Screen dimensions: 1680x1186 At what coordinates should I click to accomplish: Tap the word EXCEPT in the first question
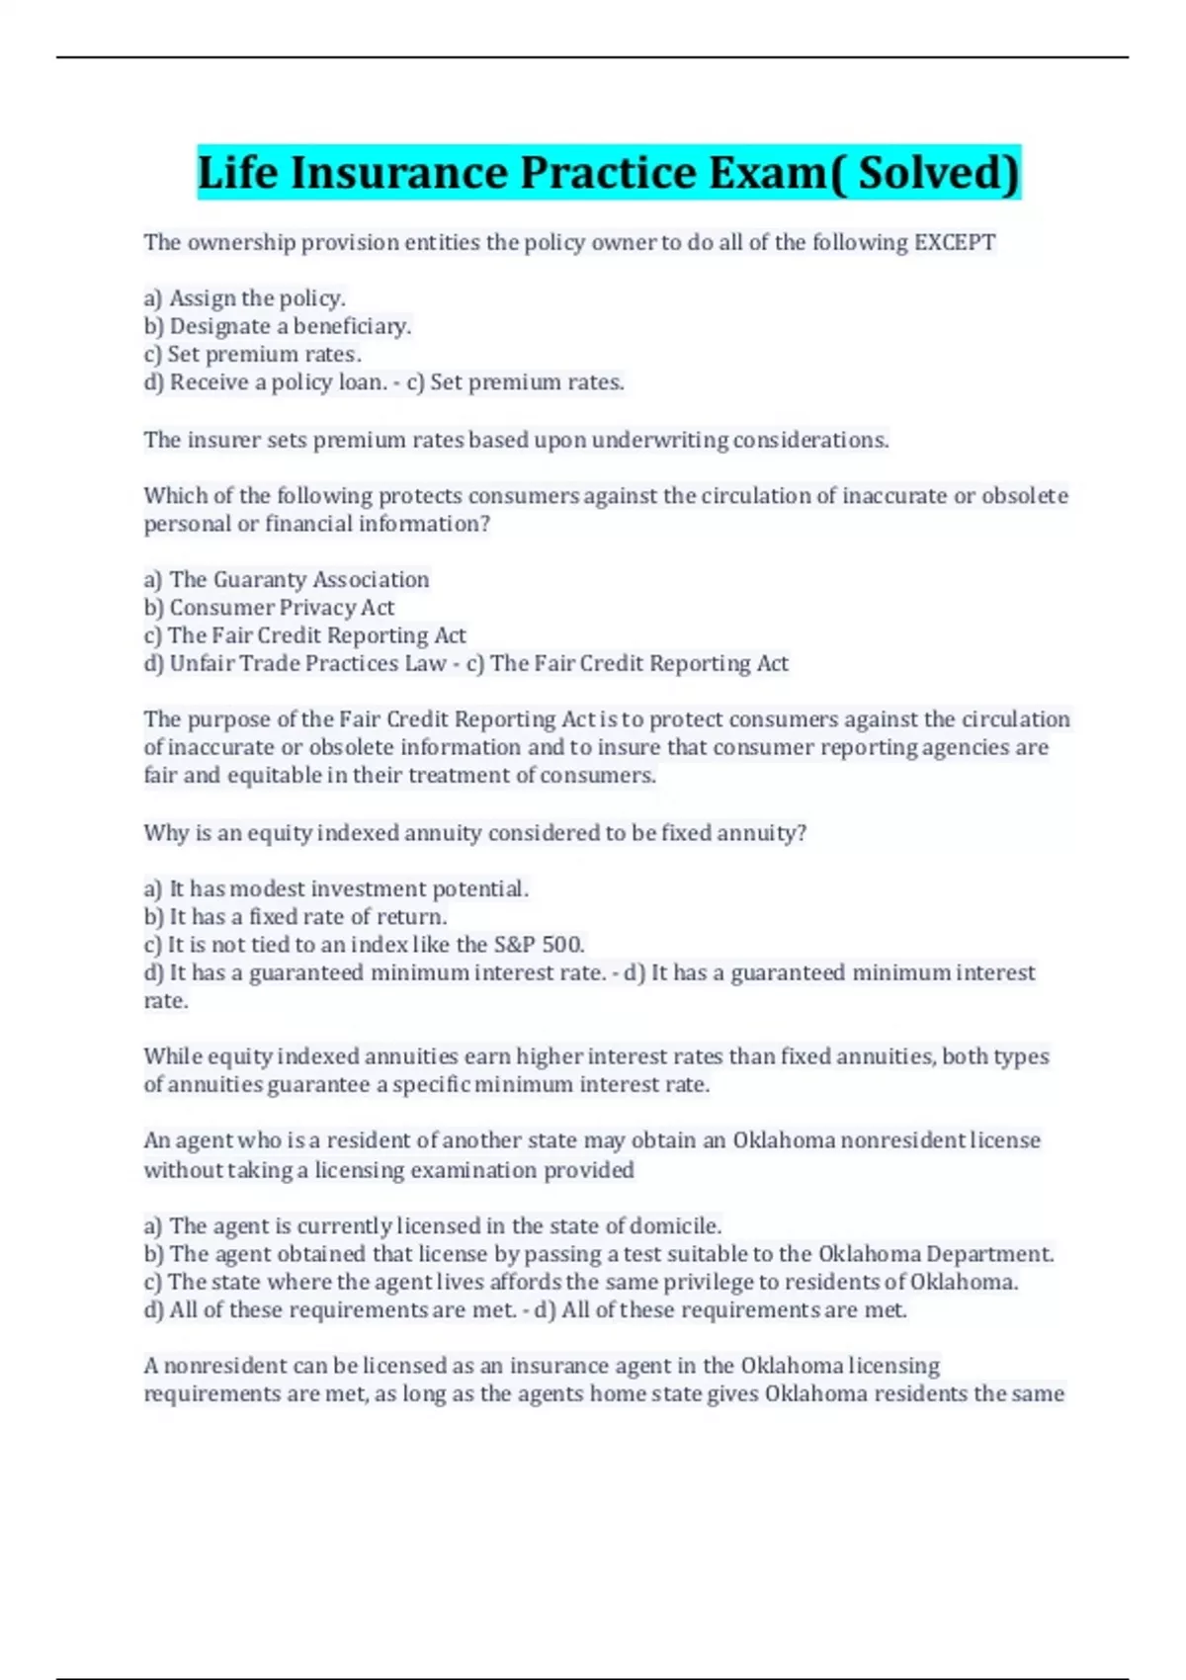[x=955, y=242]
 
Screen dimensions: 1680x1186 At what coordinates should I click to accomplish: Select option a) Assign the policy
[x=244, y=297]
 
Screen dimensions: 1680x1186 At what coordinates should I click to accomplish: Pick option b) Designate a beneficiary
[x=277, y=326]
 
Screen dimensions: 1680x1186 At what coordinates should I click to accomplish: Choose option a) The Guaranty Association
[x=287, y=579]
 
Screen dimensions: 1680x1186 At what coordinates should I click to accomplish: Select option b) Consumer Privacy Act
[x=269, y=607]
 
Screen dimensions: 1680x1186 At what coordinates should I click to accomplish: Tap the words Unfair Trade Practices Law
[x=307, y=663]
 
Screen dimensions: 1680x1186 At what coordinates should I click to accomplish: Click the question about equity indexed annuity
[x=474, y=833]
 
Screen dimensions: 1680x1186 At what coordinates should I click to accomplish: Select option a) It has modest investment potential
[x=336, y=888]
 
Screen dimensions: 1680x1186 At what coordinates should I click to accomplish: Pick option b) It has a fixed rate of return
[x=296, y=916]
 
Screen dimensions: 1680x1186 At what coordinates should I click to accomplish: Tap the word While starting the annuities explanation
[x=172, y=1056]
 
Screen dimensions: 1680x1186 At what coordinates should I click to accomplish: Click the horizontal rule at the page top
[x=593, y=57]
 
